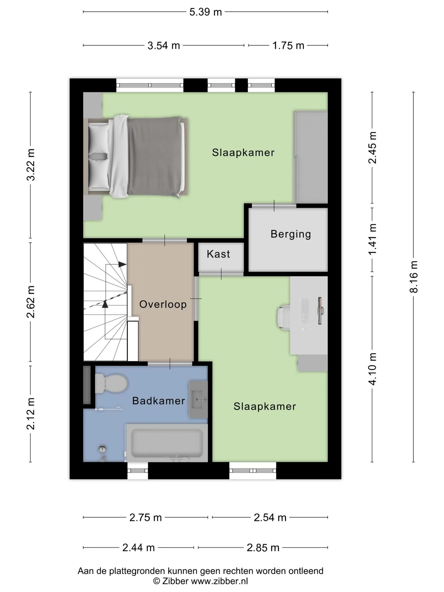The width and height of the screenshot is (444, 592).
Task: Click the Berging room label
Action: (x=290, y=234)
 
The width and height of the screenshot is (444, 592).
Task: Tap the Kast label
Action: (x=218, y=254)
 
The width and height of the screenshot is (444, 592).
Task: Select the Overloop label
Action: (x=163, y=305)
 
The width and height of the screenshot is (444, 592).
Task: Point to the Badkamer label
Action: (x=158, y=401)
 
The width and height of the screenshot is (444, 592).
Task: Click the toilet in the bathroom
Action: (x=111, y=383)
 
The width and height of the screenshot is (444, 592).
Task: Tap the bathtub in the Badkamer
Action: (x=167, y=443)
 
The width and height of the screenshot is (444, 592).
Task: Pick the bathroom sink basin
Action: (x=199, y=399)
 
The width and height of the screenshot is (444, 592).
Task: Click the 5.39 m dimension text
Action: (x=206, y=12)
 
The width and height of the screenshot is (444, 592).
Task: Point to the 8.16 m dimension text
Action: (x=413, y=277)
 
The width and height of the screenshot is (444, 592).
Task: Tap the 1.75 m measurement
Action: (x=288, y=46)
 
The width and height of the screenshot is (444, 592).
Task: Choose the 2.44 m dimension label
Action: (x=138, y=548)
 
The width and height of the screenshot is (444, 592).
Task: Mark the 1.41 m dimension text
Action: (x=372, y=239)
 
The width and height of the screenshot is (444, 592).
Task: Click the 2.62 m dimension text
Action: (x=31, y=302)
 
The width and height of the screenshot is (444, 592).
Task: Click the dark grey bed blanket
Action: (x=154, y=157)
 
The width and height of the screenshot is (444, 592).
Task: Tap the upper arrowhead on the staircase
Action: (x=122, y=265)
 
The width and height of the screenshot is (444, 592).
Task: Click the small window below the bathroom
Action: (x=138, y=471)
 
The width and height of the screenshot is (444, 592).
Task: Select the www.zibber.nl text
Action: (x=219, y=581)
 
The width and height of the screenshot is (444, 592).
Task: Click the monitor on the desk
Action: (x=320, y=310)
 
